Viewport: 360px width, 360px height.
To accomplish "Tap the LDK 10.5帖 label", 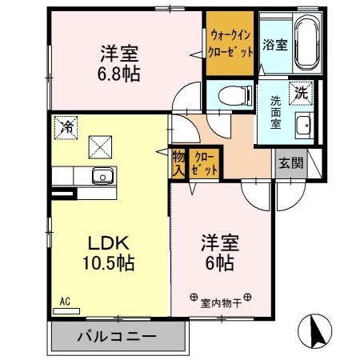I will [106, 251].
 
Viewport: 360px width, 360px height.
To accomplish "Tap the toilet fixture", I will [230, 95].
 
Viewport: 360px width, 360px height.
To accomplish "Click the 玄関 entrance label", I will [290, 163].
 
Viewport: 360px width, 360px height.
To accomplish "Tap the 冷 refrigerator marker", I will [63, 125].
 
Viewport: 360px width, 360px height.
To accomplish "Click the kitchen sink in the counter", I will [102, 176].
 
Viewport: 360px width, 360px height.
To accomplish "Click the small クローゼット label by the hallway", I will [205, 162].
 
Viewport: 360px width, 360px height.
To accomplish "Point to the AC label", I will [65, 302].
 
